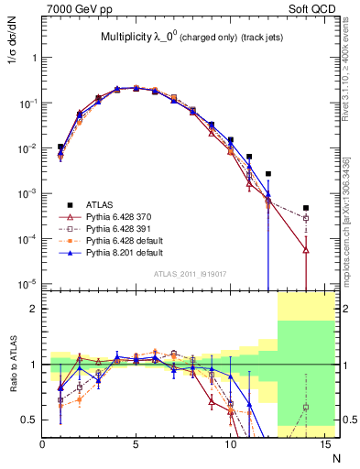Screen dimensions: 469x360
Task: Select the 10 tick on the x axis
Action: tap(230, 444)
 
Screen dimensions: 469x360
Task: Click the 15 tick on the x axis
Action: tap(323, 444)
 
